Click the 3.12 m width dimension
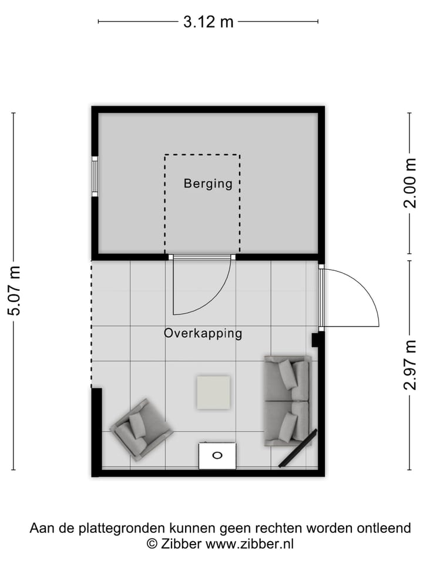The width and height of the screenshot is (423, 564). [x=208, y=22]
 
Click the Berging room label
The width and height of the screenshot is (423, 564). [x=208, y=183]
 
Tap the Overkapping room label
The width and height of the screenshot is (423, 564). [x=203, y=334]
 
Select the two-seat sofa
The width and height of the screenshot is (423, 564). [x=287, y=399]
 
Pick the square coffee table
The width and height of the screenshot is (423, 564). [x=213, y=392]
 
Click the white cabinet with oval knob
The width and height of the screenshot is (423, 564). [x=217, y=455]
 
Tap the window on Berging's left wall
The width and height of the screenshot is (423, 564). [x=94, y=176]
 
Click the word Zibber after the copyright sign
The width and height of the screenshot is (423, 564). [x=180, y=544]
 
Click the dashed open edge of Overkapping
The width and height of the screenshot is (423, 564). [x=92, y=323]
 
